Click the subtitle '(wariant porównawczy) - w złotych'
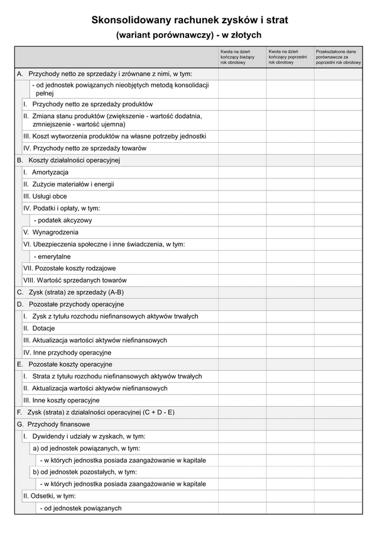click(x=189, y=35)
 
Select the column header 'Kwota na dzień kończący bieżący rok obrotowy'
click(x=242, y=57)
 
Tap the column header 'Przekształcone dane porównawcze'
click(x=338, y=57)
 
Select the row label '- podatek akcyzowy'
click(x=63, y=220)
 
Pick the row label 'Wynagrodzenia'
click(x=54, y=232)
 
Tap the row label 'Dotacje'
click(x=43, y=328)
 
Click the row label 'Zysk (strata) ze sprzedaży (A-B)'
click(x=76, y=292)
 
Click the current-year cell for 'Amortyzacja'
click(x=242, y=172)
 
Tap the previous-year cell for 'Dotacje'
click(x=290, y=328)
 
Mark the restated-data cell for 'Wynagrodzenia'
click(x=338, y=232)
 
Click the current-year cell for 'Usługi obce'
click(x=242, y=196)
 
